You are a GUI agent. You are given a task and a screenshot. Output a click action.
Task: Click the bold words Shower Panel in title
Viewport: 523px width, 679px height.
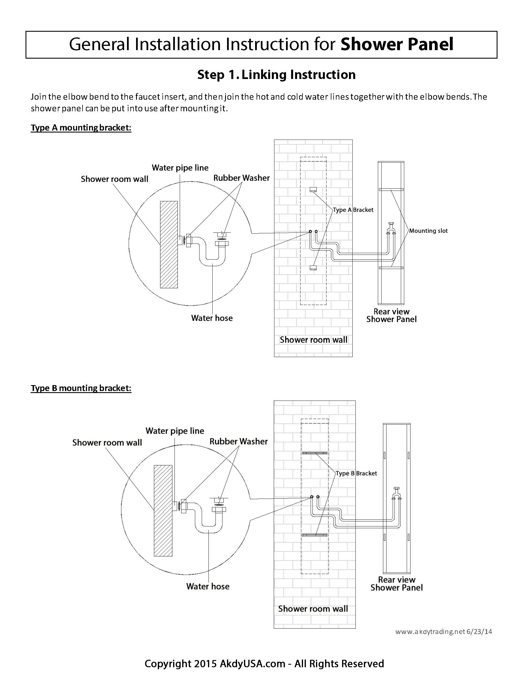tap(397, 44)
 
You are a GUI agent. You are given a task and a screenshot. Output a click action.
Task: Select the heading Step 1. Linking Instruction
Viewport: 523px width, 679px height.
tap(276, 75)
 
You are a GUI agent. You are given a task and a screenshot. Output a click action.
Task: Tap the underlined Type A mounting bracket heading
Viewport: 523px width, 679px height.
tap(81, 128)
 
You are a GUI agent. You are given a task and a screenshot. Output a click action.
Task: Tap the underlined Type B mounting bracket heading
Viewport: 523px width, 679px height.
tap(81, 388)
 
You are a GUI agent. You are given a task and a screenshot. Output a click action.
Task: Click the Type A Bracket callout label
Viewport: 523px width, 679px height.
tap(353, 210)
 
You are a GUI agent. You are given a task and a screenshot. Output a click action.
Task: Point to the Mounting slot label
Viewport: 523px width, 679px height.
tap(428, 231)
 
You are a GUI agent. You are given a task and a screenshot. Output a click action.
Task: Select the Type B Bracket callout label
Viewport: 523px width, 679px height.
tap(356, 473)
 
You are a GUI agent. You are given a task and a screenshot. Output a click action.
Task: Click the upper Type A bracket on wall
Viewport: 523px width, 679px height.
tap(313, 189)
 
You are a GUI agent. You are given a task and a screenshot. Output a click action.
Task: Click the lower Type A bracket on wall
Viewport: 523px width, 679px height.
tap(313, 267)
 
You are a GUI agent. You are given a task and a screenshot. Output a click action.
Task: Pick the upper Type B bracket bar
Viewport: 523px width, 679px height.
tap(315, 453)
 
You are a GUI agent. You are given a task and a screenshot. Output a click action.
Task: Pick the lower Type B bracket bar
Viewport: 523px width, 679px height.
tap(315, 535)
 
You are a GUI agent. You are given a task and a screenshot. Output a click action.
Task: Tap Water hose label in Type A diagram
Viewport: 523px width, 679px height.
tap(212, 318)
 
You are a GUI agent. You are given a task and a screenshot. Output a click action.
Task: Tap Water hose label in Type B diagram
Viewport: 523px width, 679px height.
tap(208, 586)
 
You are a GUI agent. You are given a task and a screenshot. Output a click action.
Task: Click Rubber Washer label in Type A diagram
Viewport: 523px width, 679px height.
tap(241, 178)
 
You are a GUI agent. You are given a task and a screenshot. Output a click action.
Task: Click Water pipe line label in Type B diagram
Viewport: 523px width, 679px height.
tap(175, 431)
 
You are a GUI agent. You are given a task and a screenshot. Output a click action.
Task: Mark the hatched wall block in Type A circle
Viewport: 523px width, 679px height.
tap(169, 245)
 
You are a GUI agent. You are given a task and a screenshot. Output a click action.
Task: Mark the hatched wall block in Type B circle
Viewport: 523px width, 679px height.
tap(163, 511)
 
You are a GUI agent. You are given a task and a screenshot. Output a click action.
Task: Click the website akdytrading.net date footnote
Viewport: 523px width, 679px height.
tap(444, 631)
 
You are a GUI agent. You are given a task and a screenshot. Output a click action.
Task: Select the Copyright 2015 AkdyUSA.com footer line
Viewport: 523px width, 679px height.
tap(264, 663)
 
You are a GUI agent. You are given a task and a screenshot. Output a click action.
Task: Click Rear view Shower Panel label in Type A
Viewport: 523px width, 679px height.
tap(391, 315)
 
